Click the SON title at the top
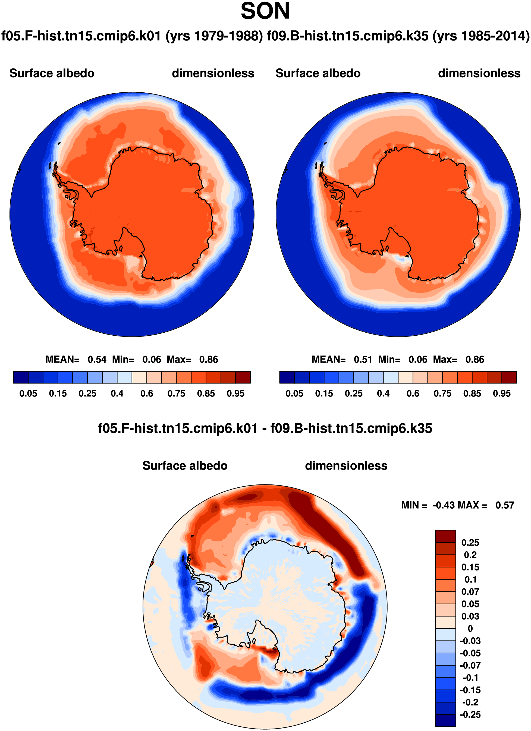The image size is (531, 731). point(265,11)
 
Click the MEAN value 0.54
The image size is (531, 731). point(97,359)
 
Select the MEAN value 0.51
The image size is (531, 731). point(363,359)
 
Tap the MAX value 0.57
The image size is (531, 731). point(505,505)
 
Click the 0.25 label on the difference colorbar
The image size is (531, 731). point(470,543)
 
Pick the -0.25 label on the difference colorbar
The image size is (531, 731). point(470,714)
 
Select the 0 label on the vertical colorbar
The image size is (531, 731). point(470,629)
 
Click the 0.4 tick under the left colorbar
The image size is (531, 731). point(117,393)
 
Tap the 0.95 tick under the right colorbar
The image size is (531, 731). point(502,393)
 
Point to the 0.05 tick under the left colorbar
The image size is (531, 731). point(28,393)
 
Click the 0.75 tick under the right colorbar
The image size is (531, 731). point(442,393)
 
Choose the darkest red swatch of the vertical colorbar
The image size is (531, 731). point(445,536)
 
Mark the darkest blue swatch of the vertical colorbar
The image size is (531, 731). point(445,721)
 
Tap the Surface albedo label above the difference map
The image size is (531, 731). point(185,466)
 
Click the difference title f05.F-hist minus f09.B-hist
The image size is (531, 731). point(265,428)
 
